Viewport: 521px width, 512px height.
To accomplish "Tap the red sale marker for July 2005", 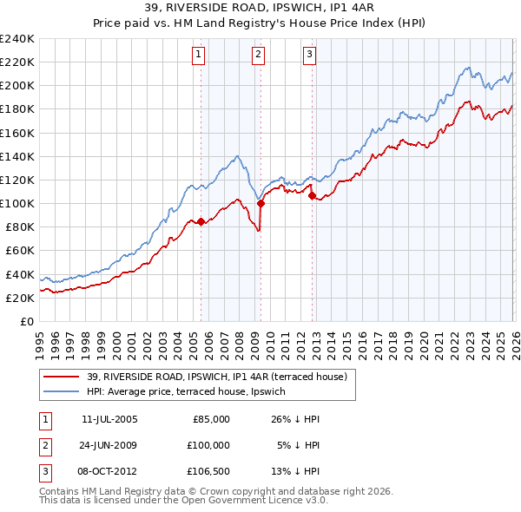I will (x=201, y=221).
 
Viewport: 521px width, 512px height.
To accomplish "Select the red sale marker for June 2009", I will (x=260, y=204).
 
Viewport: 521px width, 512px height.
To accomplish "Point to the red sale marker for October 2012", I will (x=312, y=196).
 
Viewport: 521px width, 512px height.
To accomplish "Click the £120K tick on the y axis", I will (x=17, y=180).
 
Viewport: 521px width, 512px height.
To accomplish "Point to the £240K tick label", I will (x=17, y=39).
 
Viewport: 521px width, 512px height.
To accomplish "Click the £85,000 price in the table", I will (x=210, y=418).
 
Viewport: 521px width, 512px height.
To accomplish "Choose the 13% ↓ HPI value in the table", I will (x=295, y=472).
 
